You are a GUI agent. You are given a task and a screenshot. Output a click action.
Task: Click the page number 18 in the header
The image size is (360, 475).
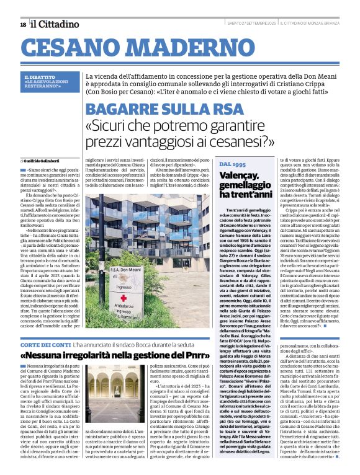(x=23, y=24)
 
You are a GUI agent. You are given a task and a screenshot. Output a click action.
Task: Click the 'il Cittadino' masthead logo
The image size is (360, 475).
(x=55, y=24)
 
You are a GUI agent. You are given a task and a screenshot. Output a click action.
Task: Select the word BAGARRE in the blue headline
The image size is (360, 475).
(x=127, y=108)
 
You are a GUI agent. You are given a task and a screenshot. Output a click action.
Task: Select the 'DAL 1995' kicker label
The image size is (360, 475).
(x=232, y=165)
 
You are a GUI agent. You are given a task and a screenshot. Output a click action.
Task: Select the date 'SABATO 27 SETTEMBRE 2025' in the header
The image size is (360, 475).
(x=252, y=24)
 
